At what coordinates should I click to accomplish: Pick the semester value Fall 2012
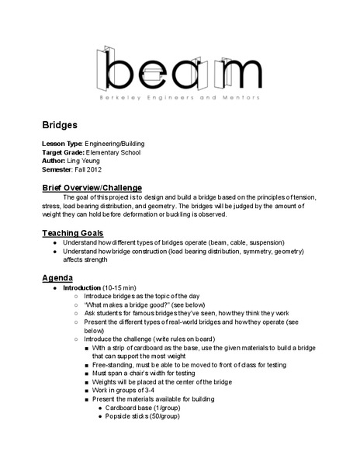[86, 169]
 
